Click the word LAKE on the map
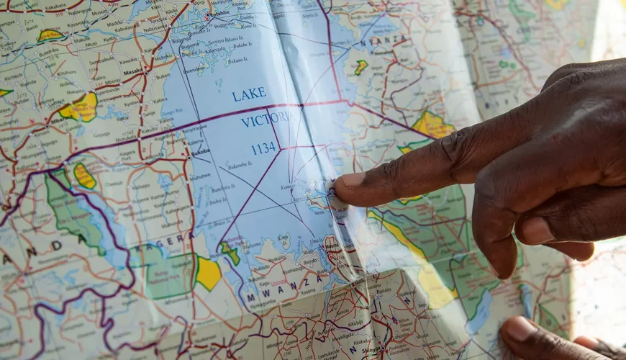(x=249, y=94)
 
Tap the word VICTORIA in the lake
(x=266, y=119)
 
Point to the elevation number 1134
(x=263, y=149)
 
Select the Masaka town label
(x=133, y=72)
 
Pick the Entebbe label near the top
(x=220, y=13)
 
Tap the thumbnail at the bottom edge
(x=520, y=330)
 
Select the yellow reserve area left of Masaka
(x=81, y=108)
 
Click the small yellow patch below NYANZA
(x=361, y=67)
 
